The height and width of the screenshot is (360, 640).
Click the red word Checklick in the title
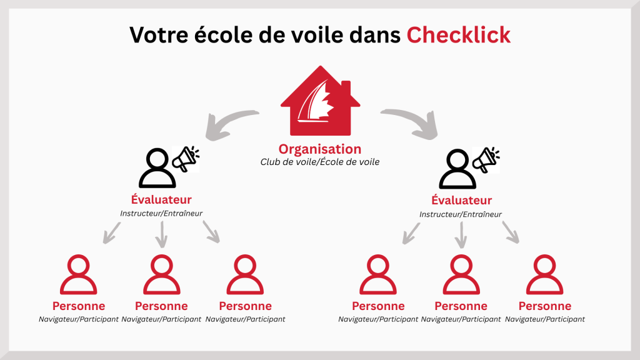458,35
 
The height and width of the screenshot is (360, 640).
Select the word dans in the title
375,35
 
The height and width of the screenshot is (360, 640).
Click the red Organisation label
320,149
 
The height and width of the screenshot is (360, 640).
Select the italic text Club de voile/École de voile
320,162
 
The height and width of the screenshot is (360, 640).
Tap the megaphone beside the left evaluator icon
186,159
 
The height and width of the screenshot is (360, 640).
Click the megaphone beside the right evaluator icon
486,160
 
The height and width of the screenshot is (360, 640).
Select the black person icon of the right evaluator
457,169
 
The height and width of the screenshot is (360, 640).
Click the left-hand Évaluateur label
161,199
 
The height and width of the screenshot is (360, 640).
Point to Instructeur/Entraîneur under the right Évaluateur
461,214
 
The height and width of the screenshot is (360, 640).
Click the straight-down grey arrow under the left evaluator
162,235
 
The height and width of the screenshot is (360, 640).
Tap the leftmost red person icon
78,274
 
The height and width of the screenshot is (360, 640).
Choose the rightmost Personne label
545,306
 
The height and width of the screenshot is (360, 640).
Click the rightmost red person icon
545,274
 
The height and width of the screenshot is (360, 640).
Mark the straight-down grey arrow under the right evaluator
461,235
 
